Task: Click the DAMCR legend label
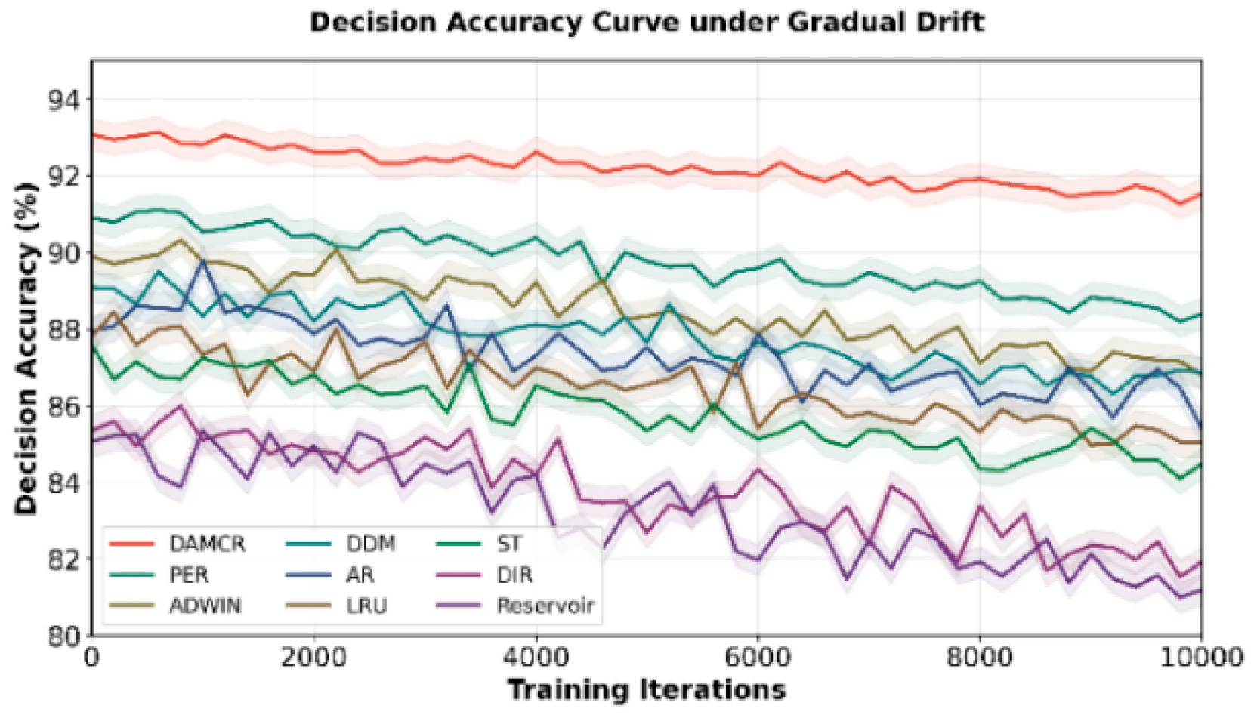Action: tap(207, 544)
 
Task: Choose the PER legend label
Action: tap(189, 575)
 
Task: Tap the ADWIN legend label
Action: tap(205, 606)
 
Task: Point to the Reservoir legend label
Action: tap(545, 606)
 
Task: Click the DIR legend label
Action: tap(514, 575)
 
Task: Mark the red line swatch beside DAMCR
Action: tap(131, 544)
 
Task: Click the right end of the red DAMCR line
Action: tap(1201, 194)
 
